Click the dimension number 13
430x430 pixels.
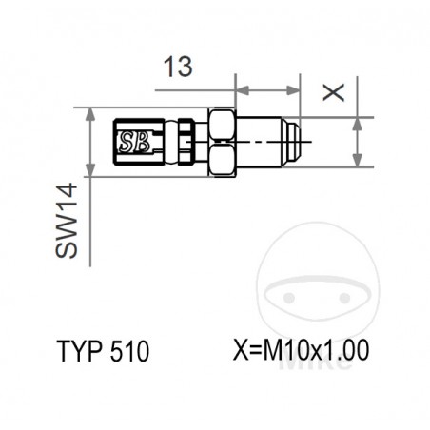(178, 67)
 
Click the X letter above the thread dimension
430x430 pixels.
(331, 92)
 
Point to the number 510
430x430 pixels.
(129, 351)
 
